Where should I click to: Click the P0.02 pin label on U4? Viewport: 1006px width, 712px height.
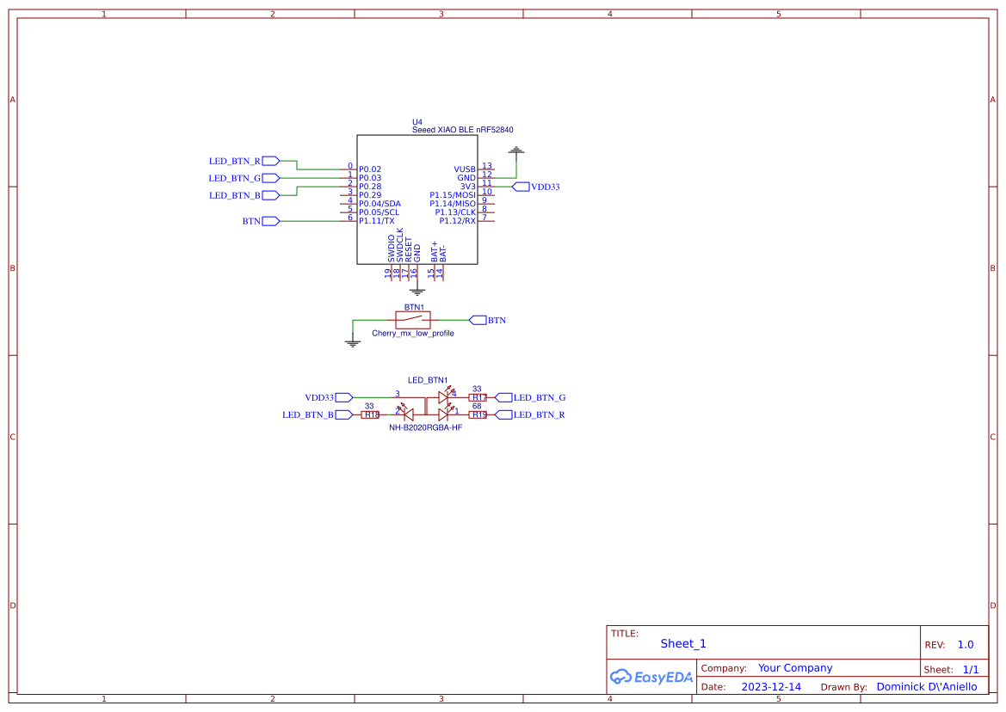(370, 169)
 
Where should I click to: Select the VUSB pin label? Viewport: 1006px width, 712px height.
(465, 169)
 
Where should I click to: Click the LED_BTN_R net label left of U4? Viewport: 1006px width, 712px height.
(235, 161)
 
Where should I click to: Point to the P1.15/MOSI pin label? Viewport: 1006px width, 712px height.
(453, 195)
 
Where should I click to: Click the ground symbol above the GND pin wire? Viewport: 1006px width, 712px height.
(515, 151)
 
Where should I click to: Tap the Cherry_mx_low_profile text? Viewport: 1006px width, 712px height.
(412, 334)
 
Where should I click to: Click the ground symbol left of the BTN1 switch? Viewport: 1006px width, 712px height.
(352, 342)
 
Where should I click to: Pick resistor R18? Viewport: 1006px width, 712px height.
(370, 414)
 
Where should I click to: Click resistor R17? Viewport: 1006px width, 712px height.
(478, 397)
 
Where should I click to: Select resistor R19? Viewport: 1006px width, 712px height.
(478, 414)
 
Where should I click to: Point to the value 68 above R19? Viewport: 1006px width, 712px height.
(477, 406)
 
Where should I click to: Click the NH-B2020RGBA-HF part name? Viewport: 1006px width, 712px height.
(425, 427)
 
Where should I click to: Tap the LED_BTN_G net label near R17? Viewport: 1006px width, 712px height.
(539, 397)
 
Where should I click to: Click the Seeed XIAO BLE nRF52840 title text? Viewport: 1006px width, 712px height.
(463, 130)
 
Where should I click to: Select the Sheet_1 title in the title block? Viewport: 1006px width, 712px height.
(683, 643)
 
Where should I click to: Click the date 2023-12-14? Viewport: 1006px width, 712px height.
(771, 687)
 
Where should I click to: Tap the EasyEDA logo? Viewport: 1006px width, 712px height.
(651, 677)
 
